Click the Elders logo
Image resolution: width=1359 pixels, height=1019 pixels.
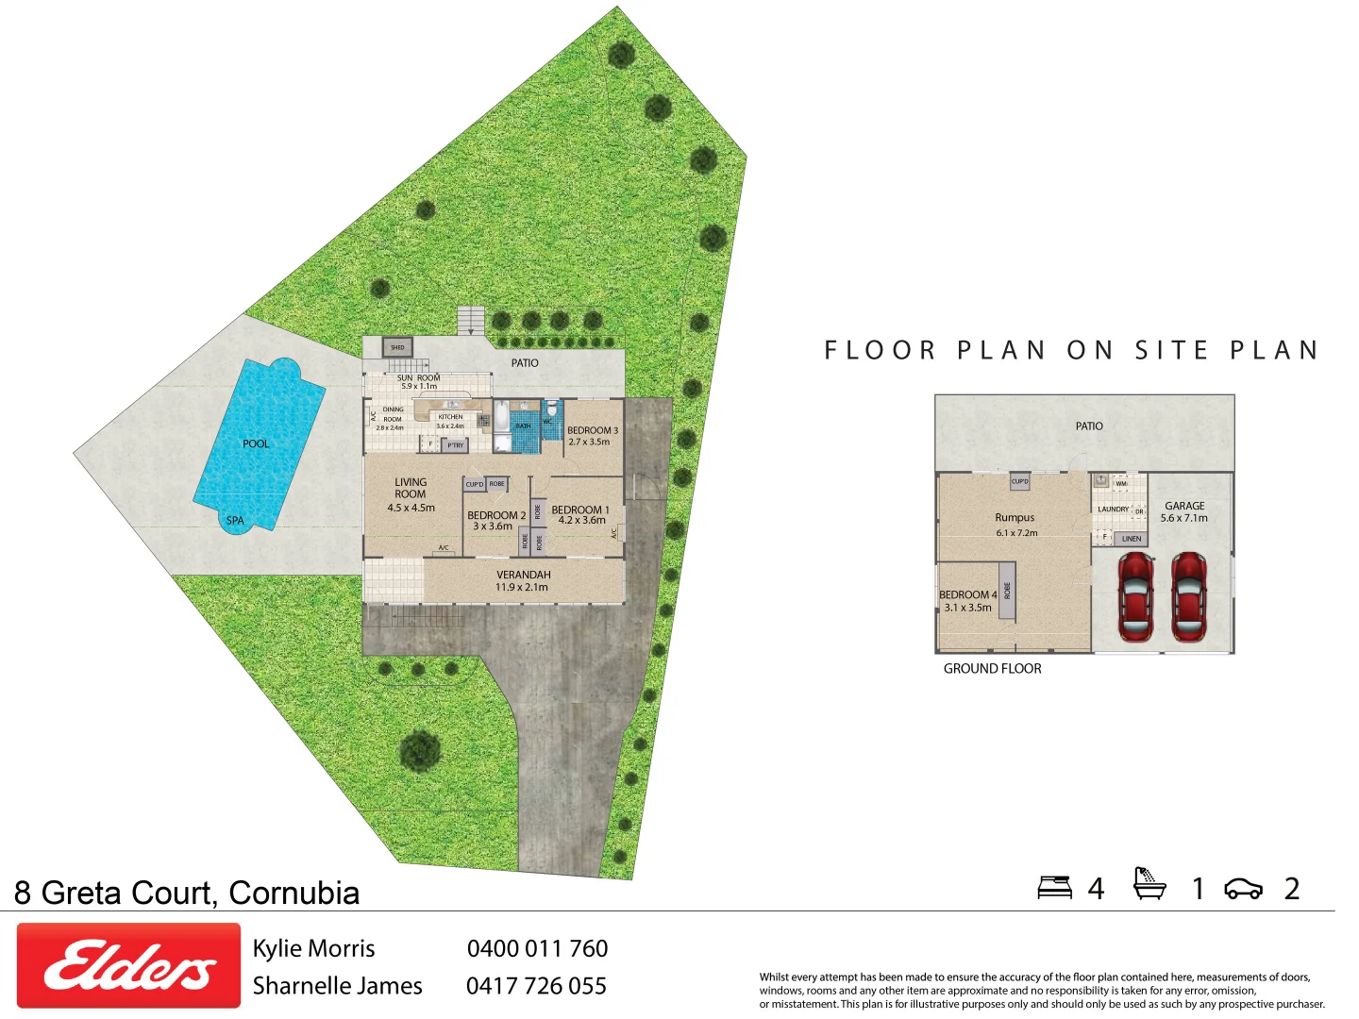tap(128, 965)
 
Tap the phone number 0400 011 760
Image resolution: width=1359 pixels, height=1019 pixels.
tap(537, 948)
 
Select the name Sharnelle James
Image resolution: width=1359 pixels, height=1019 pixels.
tap(337, 986)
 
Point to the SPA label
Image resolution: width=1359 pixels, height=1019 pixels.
tap(235, 521)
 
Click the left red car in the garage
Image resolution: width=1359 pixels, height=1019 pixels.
tap(1135, 596)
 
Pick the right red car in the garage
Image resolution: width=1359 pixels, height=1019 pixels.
tap(1188, 596)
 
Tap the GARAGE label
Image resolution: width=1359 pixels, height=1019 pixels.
tap(1184, 507)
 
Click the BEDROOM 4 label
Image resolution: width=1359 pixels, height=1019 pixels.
tap(967, 595)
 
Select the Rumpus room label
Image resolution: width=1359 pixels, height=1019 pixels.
tap(1015, 518)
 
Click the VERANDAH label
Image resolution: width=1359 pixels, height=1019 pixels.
tap(523, 575)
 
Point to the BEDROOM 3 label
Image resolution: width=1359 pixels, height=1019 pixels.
tap(593, 430)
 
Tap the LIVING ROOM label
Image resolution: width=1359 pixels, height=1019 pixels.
tap(411, 489)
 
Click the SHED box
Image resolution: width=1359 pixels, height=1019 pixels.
tap(397, 347)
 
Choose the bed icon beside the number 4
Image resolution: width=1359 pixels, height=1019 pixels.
tap(1054, 888)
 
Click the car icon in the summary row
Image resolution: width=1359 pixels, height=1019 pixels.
tap(1243, 889)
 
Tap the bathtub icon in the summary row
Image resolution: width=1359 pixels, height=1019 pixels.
tap(1149, 884)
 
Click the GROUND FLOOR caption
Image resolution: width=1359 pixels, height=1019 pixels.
tap(992, 669)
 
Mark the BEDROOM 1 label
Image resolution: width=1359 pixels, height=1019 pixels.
tap(580, 509)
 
